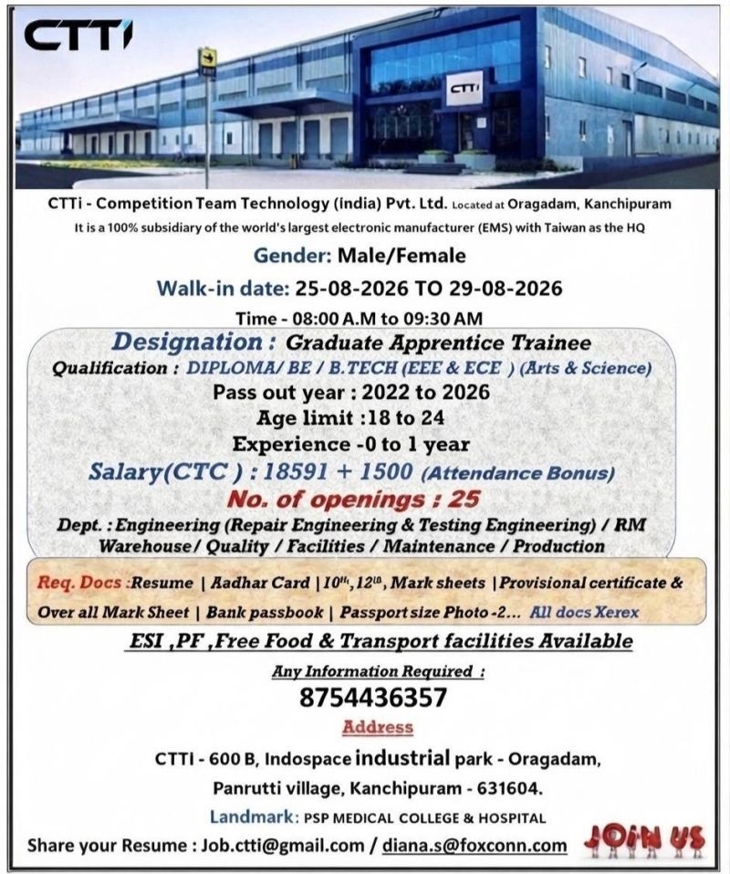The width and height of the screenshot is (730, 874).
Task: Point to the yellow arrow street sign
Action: [208, 58]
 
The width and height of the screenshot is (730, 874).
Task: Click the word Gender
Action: [292, 256]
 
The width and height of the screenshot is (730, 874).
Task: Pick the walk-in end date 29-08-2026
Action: [505, 289]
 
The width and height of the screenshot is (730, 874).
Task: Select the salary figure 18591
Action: [295, 472]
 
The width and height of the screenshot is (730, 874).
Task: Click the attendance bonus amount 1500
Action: [386, 472]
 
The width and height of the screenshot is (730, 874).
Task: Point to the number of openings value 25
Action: [464, 499]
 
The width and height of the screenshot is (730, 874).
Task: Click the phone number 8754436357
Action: [373, 698]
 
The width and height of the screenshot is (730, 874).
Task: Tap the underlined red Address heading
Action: [378, 727]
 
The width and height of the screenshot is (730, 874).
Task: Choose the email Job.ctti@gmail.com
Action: [282, 846]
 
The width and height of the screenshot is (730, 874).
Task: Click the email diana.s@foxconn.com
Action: [474, 846]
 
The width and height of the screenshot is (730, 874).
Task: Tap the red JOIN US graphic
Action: [644, 840]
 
